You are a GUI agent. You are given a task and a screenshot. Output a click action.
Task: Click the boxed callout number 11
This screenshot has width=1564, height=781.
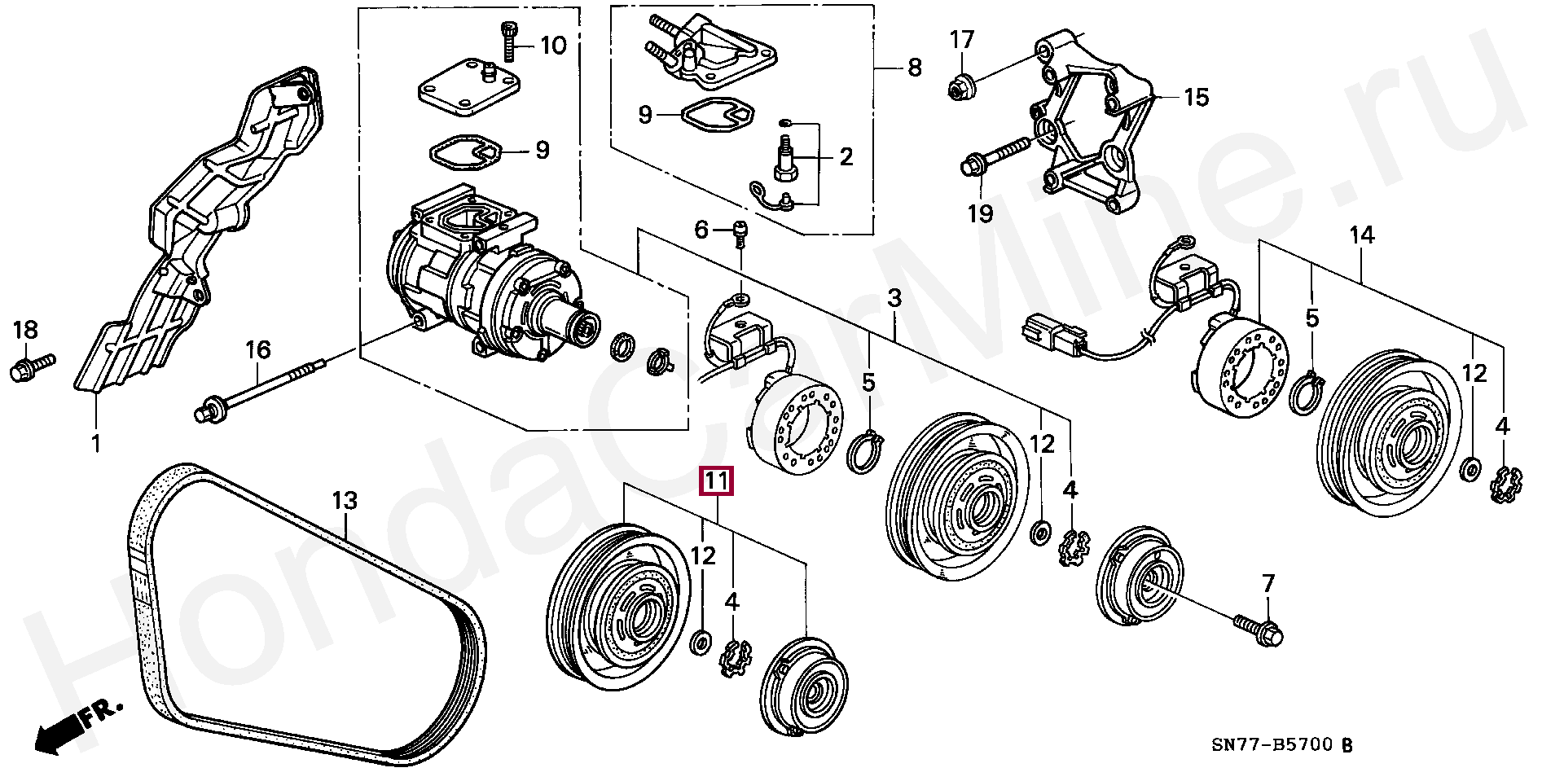point(716,482)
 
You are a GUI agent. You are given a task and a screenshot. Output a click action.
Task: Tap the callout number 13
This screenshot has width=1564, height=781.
point(345,500)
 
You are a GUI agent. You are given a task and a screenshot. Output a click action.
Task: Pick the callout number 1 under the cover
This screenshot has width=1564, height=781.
point(95,444)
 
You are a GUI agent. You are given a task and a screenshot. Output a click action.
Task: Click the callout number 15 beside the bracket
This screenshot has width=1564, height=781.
point(1196,98)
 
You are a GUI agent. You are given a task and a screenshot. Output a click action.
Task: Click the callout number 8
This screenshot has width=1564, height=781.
point(914,67)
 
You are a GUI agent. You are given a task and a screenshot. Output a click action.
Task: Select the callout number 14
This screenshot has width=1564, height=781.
point(1361,235)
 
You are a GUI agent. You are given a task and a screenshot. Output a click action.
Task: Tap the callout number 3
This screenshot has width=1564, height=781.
point(894,298)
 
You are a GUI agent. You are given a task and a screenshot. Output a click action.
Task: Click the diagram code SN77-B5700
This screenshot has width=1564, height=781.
point(1272,744)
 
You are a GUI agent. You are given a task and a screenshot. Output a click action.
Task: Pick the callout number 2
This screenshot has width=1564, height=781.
point(846,156)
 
